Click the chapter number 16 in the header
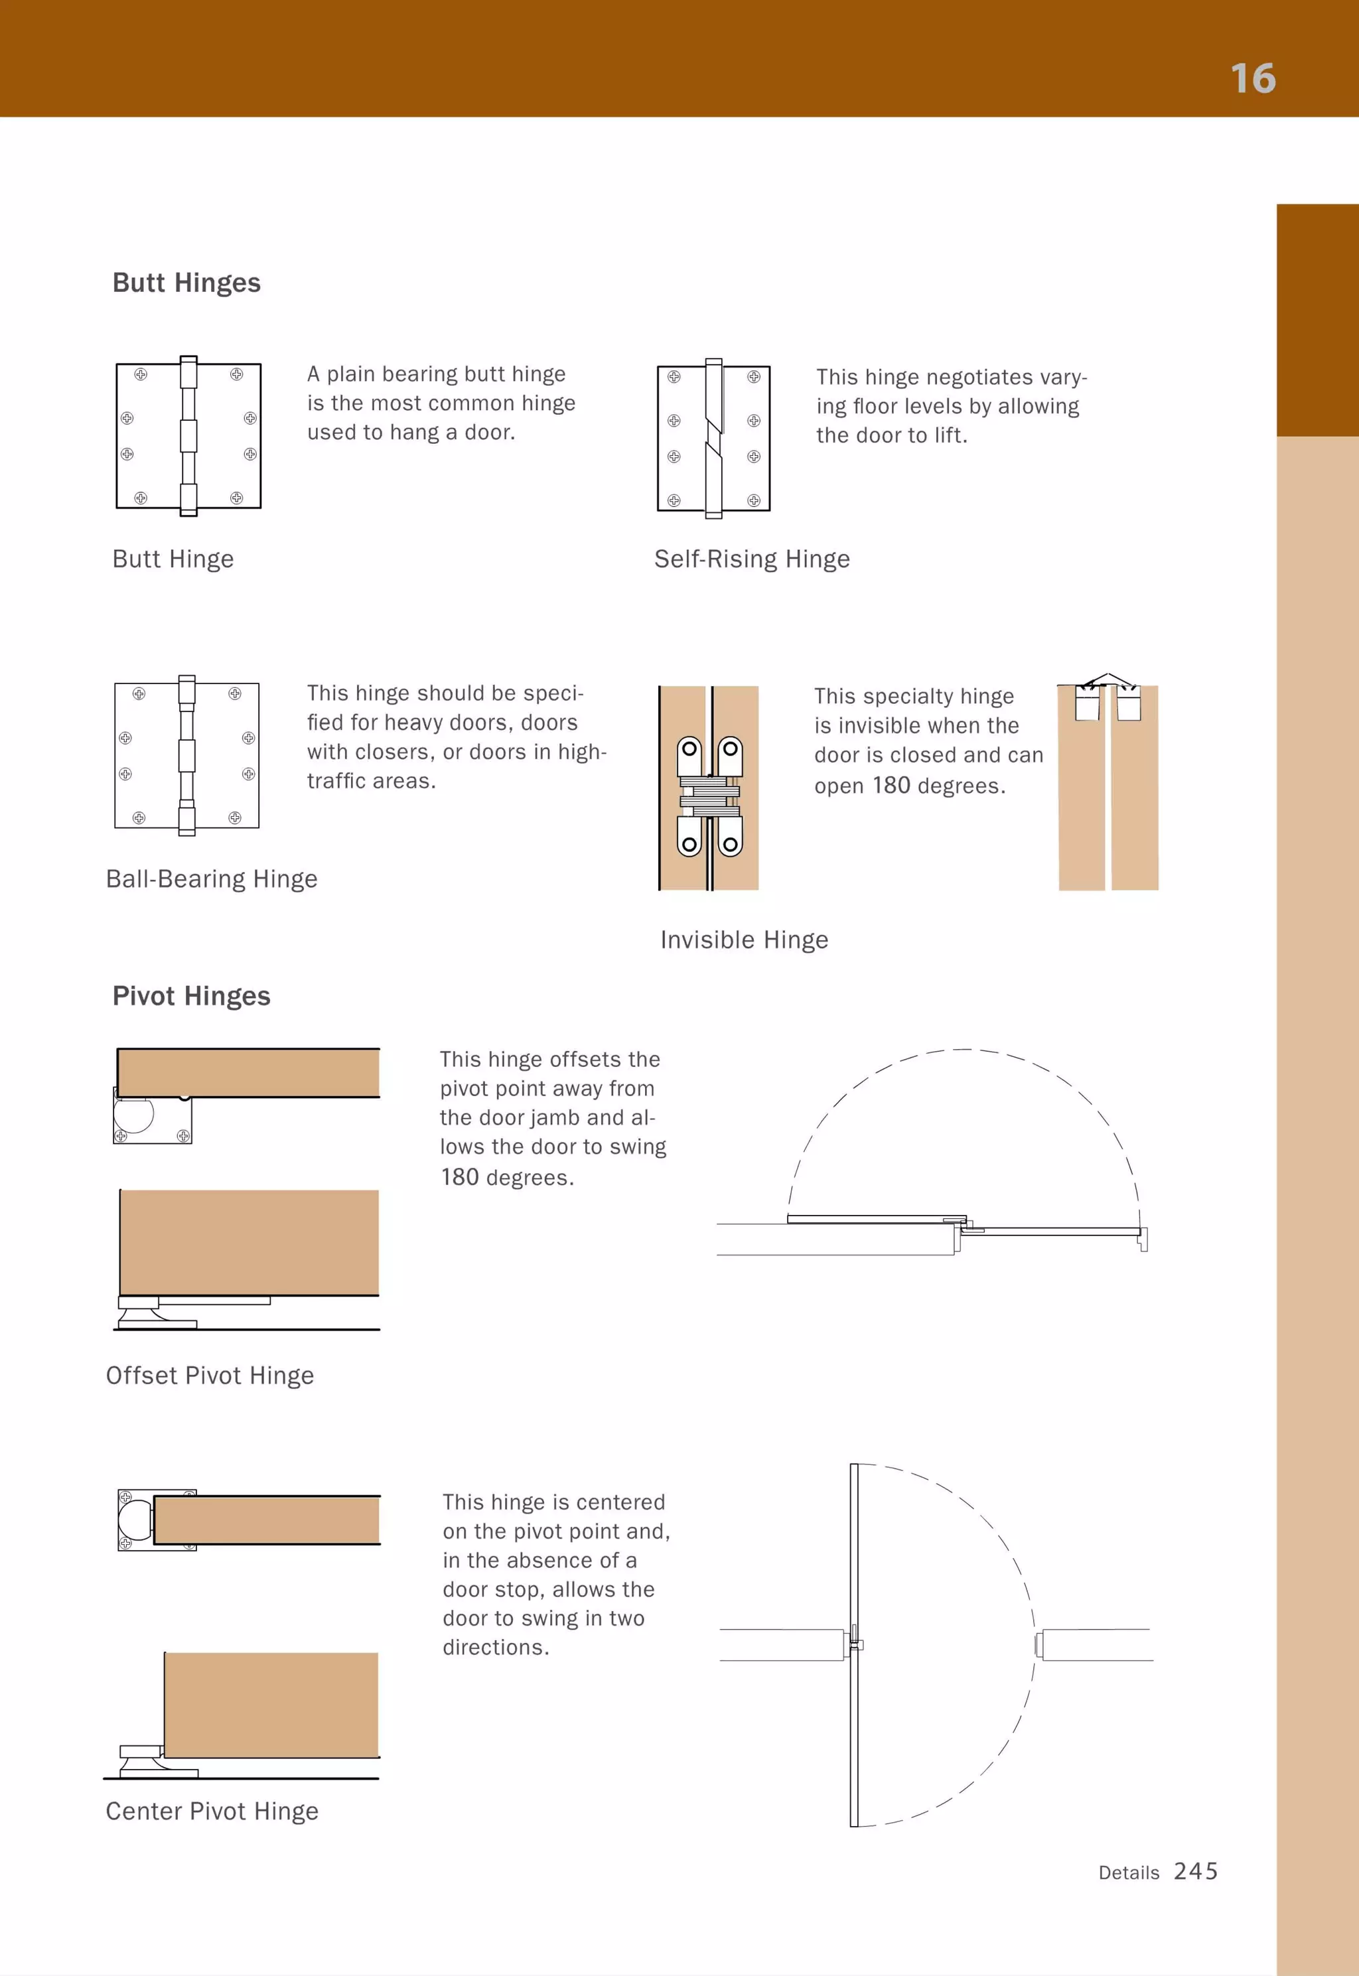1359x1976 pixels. [1253, 79]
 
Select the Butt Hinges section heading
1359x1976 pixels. [186, 283]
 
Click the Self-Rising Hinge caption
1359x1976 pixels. [752, 559]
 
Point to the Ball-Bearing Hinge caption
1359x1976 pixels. [211, 879]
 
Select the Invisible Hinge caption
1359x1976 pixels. [745, 940]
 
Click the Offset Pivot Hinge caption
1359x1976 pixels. [210, 1376]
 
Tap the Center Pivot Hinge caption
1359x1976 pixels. [212, 1811]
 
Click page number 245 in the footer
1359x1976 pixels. [1196, 1871]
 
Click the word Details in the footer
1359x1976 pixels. [1128, 1873]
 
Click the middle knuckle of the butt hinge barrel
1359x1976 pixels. [188, 436]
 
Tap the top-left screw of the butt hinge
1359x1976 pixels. [141, 375]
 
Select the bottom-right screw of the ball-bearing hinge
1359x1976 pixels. [235, 818]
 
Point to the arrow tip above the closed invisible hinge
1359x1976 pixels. [1106, 675]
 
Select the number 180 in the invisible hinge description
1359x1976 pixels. [891, 785]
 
